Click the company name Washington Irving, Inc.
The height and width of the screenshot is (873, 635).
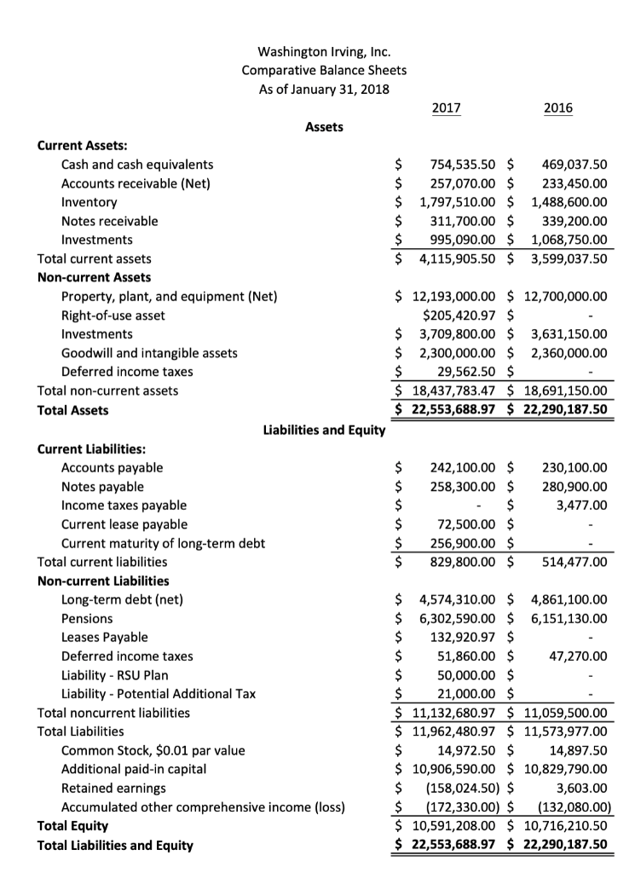click(x=324, y=51)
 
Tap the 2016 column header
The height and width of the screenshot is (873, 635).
click(x=557, y=107)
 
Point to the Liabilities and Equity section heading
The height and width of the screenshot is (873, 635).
click(x=324, y=430)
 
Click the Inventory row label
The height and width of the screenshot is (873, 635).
click(x=89, y=202)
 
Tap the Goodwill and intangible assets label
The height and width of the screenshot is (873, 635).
click(x=149, y=353)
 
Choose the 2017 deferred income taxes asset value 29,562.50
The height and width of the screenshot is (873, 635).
click(x=467, y=372)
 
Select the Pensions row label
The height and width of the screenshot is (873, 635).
click(x=87, y=618)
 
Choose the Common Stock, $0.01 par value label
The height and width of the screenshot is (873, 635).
click(x=153, y=750)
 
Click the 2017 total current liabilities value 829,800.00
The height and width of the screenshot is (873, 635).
click(x=463, y=562)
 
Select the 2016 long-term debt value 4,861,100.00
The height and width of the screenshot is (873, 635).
click(x=563, y=599)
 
